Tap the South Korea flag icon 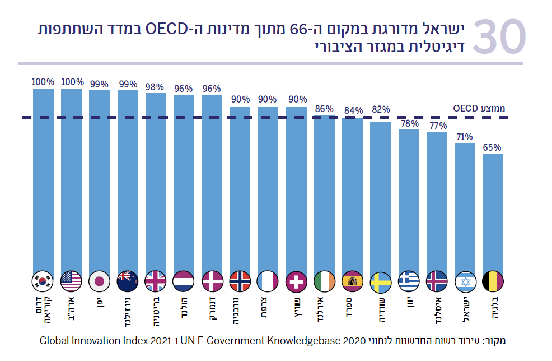tap(43, 281)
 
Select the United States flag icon tap(71, 281)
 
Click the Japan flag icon tap(100, 281)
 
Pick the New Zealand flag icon tap(128, 281)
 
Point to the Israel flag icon tap(465, 281)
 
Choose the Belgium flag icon tap(493, 281)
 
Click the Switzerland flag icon tap(296, 281)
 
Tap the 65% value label tap(493, 148)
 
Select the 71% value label tap(465, 137)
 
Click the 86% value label tap(324, 109)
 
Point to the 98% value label tap(156, 87)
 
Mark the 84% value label tap(353, 111)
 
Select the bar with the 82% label tap(381, 196)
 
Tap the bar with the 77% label tap(437, 202)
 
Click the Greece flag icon tap(409, 281)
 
